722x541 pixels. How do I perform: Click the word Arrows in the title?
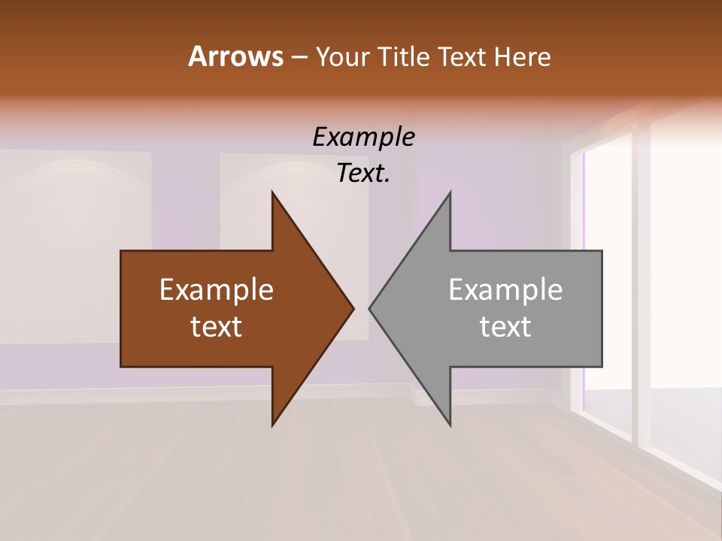click(235, 56)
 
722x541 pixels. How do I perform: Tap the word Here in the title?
click(522, 56)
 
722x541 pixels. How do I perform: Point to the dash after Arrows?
click(298, 57)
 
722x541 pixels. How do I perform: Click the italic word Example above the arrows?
click(363, 138)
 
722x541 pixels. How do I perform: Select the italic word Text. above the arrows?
click(363, 174)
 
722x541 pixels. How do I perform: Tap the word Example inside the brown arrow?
click(216, 289)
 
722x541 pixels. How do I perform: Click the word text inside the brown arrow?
click(216, 327)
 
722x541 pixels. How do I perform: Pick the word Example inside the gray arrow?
click(505, 289)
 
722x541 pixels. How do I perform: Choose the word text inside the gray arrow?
click(505, 327)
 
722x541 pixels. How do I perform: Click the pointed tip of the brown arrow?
click(353, 308)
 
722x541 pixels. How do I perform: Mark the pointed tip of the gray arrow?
click(370, 308)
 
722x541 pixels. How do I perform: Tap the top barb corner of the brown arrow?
click(272, 193)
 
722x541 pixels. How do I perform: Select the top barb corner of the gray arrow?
click(450, 193)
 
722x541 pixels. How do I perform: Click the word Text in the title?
click(463, 56)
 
